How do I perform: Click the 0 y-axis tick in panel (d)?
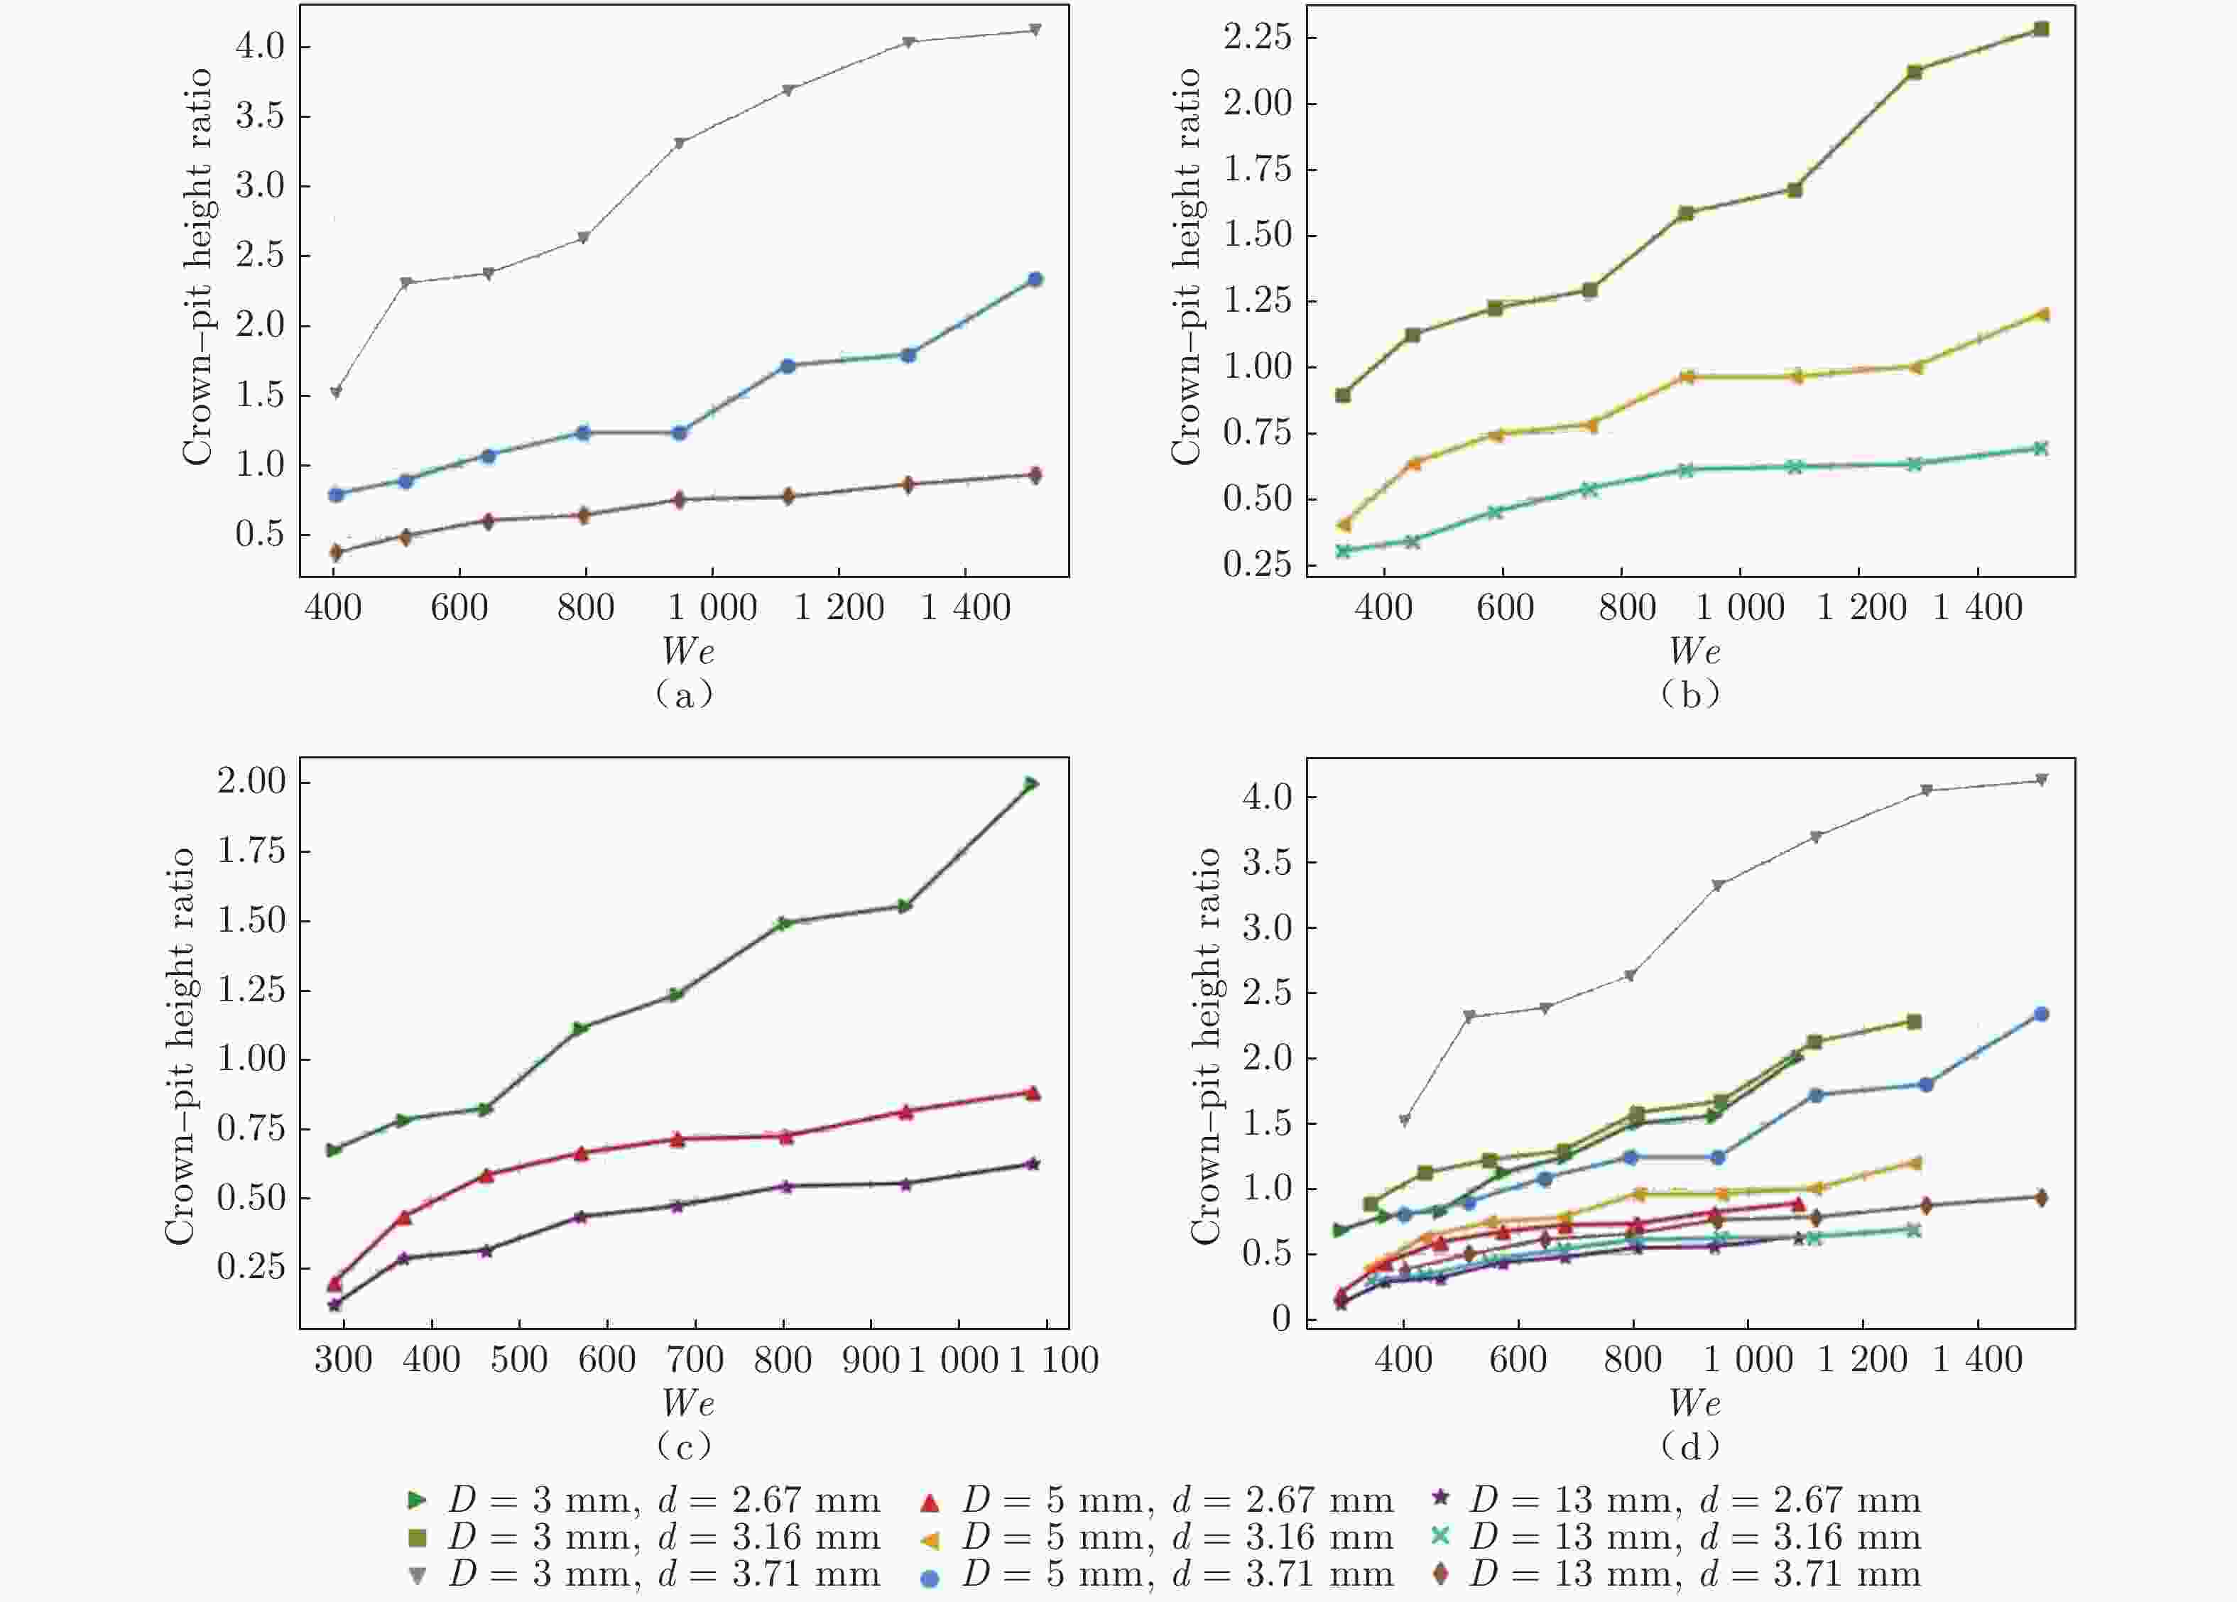click(x=1281, y=1319)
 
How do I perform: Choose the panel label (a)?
click(x=685, y=694)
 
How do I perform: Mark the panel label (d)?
click(x=1691, y=1446)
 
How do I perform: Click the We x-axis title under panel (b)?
click(x=1694, y=651)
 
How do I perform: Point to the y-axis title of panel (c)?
click(x=180, y=1046)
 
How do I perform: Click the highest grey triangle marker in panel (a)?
click(x=1035, y=31)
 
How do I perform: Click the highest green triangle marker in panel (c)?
click(x=1030, y=784)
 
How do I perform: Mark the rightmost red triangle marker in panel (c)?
click(x=1033, y=1093)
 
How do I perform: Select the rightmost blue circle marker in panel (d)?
click(x=2041, y=1014)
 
